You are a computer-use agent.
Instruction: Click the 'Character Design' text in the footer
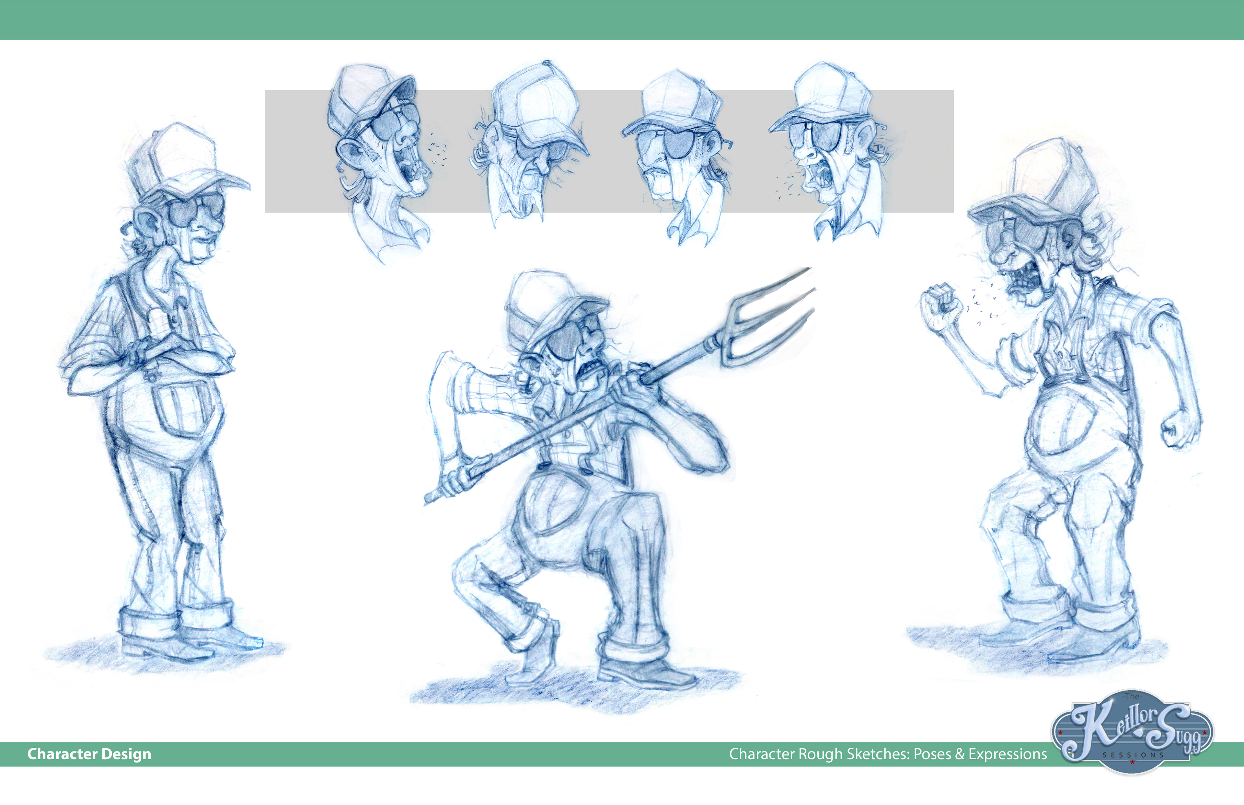coord(89,754)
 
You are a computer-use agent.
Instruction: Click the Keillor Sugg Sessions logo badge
coord(1132,732)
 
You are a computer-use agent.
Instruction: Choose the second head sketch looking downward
coord(531,144)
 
